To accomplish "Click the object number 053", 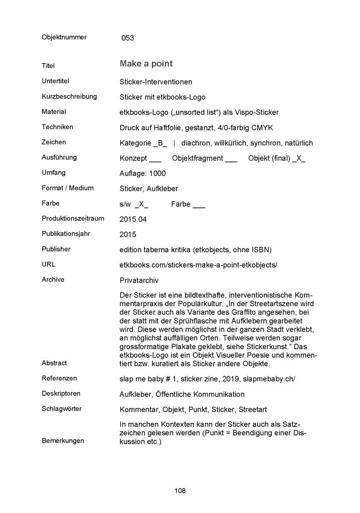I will coord(128,38).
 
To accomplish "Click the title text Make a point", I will coord(146,64).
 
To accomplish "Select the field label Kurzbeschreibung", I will coord(69,96).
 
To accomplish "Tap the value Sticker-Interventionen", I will coord(156,82).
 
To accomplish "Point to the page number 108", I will coord(180,490).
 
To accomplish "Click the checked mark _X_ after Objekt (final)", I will coord(298,158).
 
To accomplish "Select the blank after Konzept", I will coord(155,158).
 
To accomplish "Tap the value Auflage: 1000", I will coord(143,173).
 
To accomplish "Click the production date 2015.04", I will coord(134,219).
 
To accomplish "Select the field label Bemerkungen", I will coord(63,441).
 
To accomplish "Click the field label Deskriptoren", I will coord(61,393).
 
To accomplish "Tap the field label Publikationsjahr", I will coord(67,233).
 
